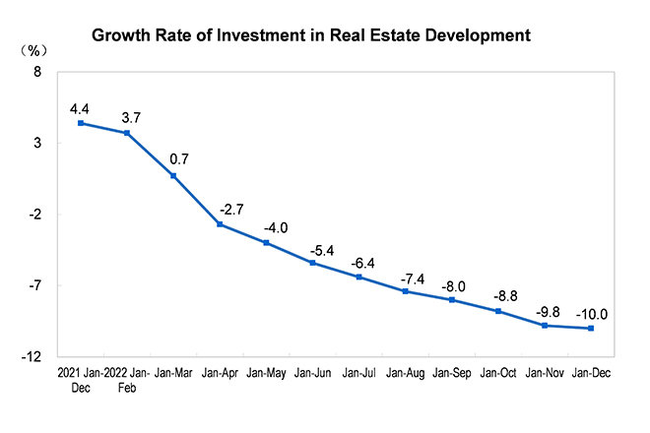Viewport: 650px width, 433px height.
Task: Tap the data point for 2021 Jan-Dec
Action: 81,123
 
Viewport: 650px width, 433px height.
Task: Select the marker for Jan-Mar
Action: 173,176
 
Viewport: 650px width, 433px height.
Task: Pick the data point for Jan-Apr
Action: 220,224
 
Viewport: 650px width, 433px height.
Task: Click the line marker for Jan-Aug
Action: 405,291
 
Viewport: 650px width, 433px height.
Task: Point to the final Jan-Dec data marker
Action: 591,328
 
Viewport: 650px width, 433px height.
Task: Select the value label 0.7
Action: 178,158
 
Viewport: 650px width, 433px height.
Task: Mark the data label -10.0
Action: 592,315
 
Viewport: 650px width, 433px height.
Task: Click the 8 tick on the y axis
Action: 37,73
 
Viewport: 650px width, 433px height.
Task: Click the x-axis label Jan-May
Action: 266,373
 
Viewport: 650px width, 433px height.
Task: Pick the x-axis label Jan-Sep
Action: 452,373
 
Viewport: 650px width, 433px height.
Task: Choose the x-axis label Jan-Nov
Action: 545,373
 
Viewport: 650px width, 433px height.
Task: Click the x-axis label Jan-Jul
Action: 358,373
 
